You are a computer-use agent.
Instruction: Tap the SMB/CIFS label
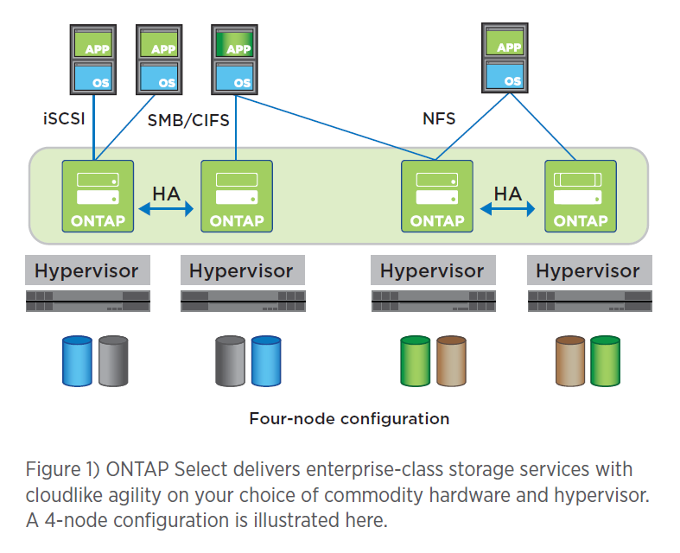[188, 120]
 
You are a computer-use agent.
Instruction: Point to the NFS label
[438, 118]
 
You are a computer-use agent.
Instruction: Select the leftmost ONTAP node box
[98, 195]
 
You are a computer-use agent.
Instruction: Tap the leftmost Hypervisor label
[86, 270]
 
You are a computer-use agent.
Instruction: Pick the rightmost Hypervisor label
[588, 270]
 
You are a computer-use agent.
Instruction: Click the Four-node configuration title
[349, 419]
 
